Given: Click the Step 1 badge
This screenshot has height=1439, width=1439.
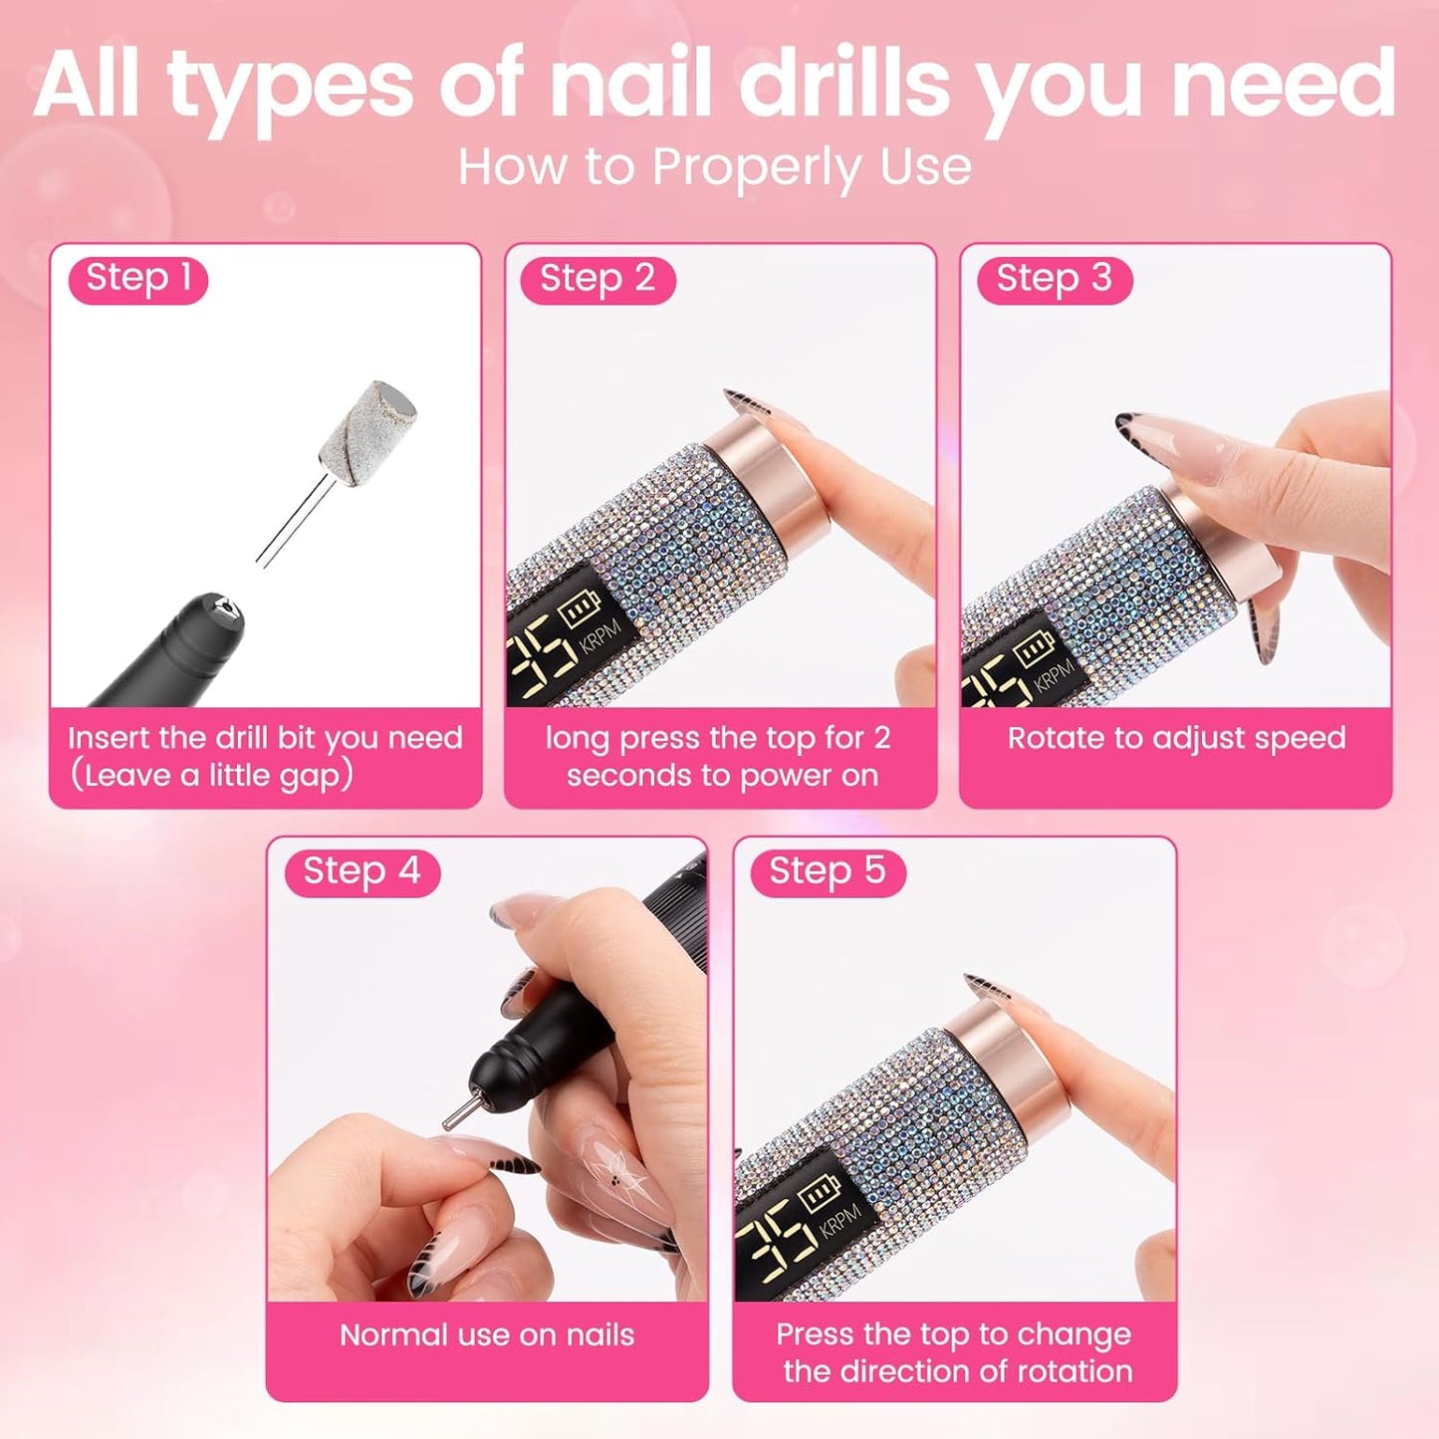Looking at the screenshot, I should pos(137,279).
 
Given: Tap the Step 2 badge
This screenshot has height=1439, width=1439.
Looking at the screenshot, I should pos(597,279).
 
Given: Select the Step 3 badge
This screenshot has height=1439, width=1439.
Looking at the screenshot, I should pos(1053,279).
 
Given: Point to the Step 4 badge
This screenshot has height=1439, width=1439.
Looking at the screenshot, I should pos(361,872).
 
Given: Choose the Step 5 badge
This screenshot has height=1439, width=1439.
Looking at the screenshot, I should pos(827,872).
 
